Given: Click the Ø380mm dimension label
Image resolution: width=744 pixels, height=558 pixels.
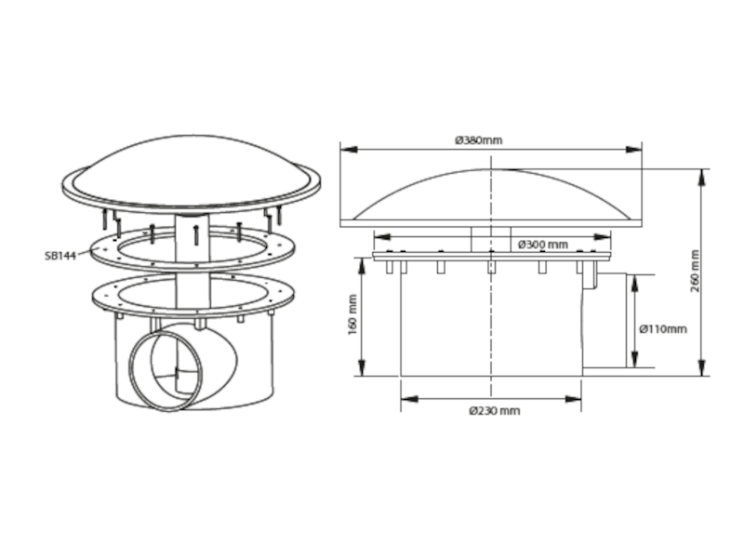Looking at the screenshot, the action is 478,140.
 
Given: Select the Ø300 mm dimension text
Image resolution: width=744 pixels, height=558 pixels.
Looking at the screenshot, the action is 543,245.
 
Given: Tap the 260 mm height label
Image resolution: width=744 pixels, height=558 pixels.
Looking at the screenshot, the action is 695,271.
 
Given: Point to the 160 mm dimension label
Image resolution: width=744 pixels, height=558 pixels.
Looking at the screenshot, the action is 352,314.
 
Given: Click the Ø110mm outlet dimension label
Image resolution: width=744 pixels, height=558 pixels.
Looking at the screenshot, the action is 663,329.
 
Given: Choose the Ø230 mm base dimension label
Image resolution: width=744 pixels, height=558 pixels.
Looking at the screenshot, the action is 495,410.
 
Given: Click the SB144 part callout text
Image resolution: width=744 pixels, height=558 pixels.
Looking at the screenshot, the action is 60,256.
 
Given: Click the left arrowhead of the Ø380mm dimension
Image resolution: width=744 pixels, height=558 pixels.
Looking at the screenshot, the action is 349,150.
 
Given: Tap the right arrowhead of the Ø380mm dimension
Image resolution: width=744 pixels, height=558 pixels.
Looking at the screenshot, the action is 633,150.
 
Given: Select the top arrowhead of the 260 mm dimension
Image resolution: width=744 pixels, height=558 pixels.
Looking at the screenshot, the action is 702,178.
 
